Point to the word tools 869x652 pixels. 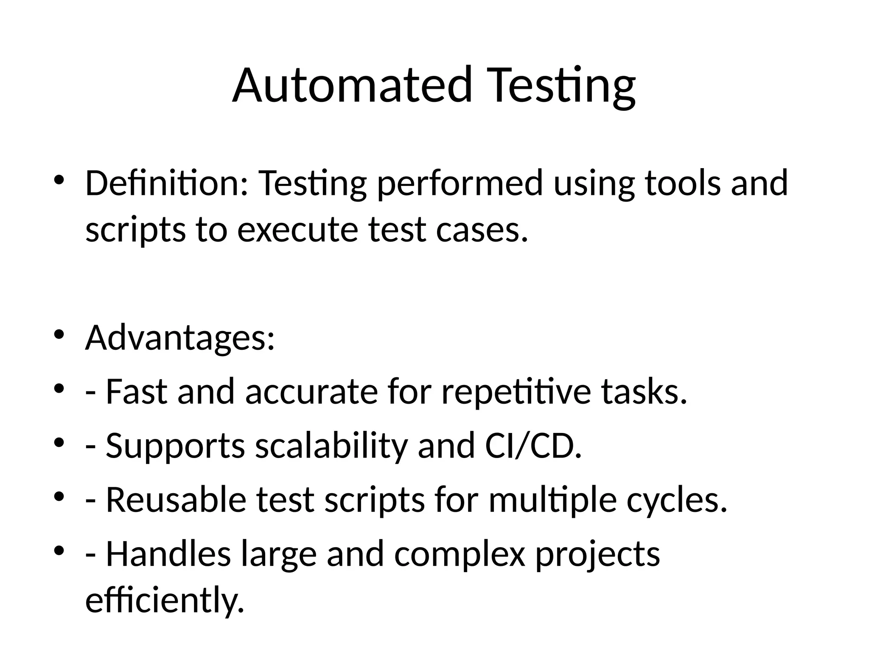(x=683, y=183)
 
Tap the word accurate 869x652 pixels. (x=311, y=392)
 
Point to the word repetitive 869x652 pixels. (x=516, y=393)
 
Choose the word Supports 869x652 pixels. (x=175, y=447)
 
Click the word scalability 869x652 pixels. (x=331, y=447)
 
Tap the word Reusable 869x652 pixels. (x=176, y=500)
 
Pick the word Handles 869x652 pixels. (x=168, y=554)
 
